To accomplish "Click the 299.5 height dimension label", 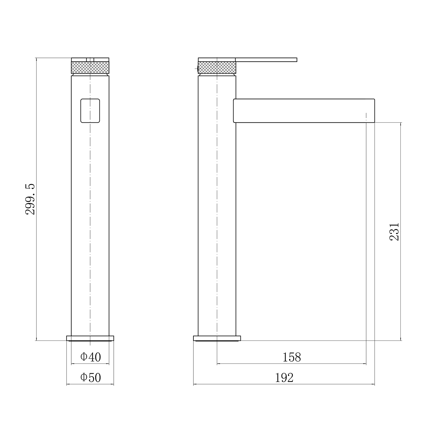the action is coord(30,199).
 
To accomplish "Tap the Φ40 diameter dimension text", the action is coord(91,357).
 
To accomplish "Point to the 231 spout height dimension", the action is coord(394,232).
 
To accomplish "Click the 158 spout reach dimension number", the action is coord(292,357).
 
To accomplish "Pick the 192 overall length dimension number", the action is coord(284,378).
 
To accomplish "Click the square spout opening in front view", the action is coord(90,111).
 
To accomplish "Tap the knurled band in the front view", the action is coord(90,67).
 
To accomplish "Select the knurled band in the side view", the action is coord(217,67).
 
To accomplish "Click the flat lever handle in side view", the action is coord(266,60).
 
